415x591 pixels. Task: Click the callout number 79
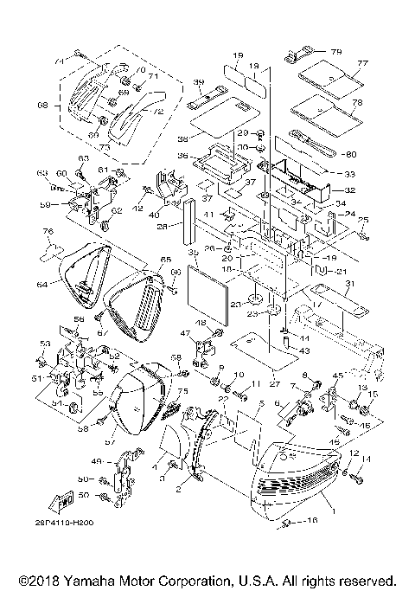click(x=336, y=51)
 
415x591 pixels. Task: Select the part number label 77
click(x=363, y=63)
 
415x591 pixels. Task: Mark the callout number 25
click(x=364, y=220)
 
